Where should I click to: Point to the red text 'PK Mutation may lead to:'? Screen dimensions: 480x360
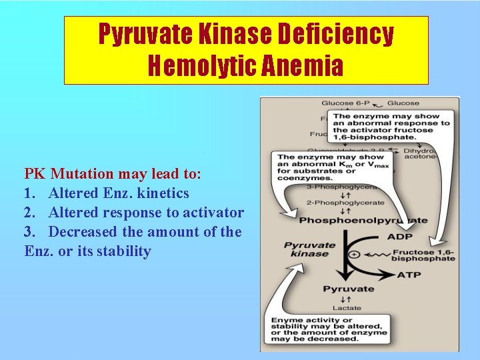(x=112, y=174)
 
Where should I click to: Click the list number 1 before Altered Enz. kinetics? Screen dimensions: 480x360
(x=29, y=193)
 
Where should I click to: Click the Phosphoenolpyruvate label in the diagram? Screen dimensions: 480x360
(x=363, y=219)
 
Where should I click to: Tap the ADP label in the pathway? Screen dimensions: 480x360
(x=399, y=237)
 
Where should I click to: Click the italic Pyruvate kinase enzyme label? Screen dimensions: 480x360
(x=309, y=249)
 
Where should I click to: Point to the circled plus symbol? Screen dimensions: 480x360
(x=353, y=255)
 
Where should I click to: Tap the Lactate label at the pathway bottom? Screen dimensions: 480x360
(x=347, y=307)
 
